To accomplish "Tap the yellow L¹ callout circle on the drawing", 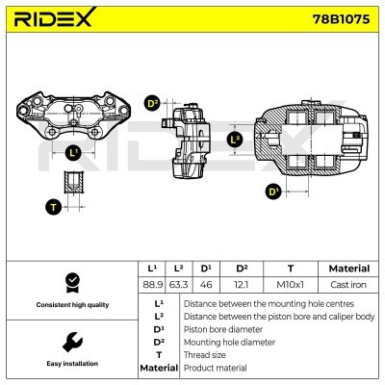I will [72, 152].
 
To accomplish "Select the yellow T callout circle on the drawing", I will [53, 205].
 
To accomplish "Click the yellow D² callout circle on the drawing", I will [152, 104].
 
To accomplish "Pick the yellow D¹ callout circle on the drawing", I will [273, 192].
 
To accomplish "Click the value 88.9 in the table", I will [151, 286].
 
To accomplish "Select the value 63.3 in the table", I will [177, 286].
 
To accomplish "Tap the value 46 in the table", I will [205, 286].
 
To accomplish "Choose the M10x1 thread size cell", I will [290, 286].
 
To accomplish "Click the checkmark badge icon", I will [71, 281].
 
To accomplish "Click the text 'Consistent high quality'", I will [71, 304].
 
